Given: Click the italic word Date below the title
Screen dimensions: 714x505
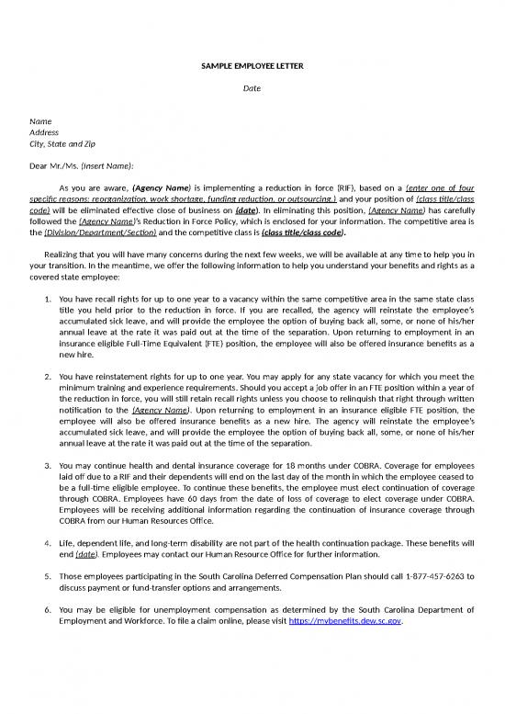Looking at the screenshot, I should [x=252, y=90].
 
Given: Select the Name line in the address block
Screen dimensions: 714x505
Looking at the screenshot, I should [x=40, y=120].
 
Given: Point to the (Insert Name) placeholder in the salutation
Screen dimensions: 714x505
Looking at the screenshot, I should [x=107, y=165].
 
